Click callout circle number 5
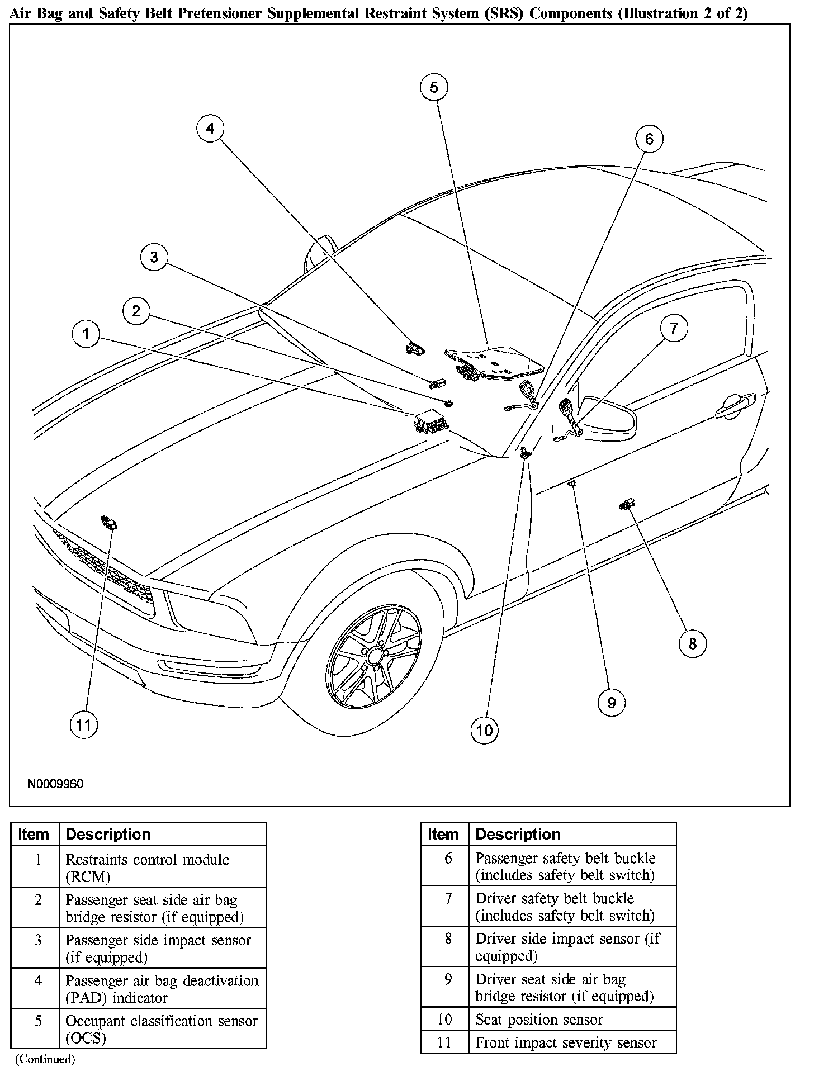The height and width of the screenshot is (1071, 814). click(434, 87)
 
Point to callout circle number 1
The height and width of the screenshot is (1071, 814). click(86, 335)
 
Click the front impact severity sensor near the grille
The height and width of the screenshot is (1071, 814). click(108, 523)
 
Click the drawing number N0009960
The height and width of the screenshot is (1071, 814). click(55, 784)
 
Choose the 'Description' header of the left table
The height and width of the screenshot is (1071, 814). click(108, 835)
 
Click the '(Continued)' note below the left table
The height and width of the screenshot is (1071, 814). click(45, 1059)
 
